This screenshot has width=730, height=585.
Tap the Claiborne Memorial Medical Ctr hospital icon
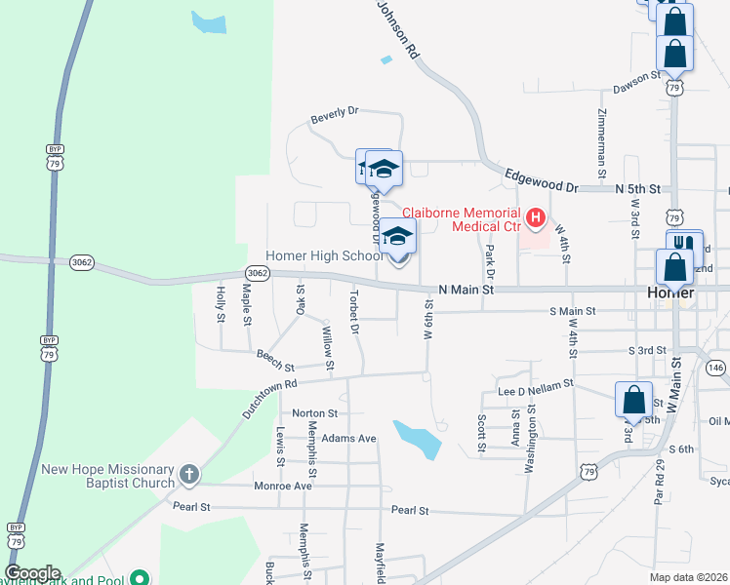(535, 216)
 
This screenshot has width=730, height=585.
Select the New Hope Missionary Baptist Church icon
(189, 476)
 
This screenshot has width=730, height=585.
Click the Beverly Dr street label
(335, 115)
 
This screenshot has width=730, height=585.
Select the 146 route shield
(716, 368)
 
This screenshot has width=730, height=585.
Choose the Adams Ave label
(348, 439)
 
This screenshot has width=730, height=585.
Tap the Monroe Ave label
(282, 486)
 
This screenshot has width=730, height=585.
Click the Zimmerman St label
(601, 136)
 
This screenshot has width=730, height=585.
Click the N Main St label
(467, 290)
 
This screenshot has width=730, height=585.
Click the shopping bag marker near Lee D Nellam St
(633, 400)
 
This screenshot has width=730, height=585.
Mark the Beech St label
(275, 360)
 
